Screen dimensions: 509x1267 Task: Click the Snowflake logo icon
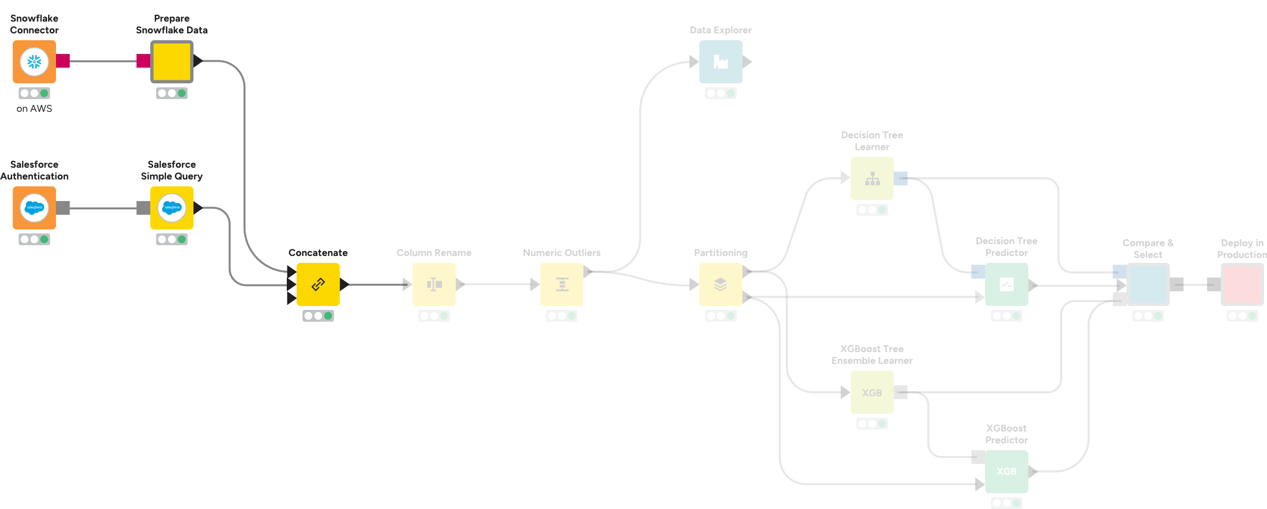(x=34, y=62)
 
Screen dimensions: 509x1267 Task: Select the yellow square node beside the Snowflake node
(x=172, y=62)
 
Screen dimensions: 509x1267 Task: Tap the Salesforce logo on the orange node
(x=34, y=207)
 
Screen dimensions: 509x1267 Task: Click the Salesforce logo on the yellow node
(x=172, y=207)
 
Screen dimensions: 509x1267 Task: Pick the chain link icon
(x=318, y=284)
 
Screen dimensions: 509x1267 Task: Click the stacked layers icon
(x=720, y=284)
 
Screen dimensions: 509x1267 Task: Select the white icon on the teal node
(x=720, y=62)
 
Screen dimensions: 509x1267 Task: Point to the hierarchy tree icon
(x=873, y=179)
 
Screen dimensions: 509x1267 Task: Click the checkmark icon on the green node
(x=1006, y=284)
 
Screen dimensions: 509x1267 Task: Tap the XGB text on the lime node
(x=872, y=393)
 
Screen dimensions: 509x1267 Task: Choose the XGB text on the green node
(x=1006, y=471)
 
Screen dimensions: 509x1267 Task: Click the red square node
(x=1242, y=284)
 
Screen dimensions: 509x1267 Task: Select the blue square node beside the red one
(x=1148, y=284)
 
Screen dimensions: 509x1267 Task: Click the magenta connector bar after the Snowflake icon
(x=103, y=61)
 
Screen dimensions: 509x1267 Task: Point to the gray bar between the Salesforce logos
(x=103, y=208)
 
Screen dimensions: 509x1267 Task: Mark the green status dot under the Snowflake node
(x=44, y=93)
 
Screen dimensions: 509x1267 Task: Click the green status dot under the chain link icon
(x=328, y=315)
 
